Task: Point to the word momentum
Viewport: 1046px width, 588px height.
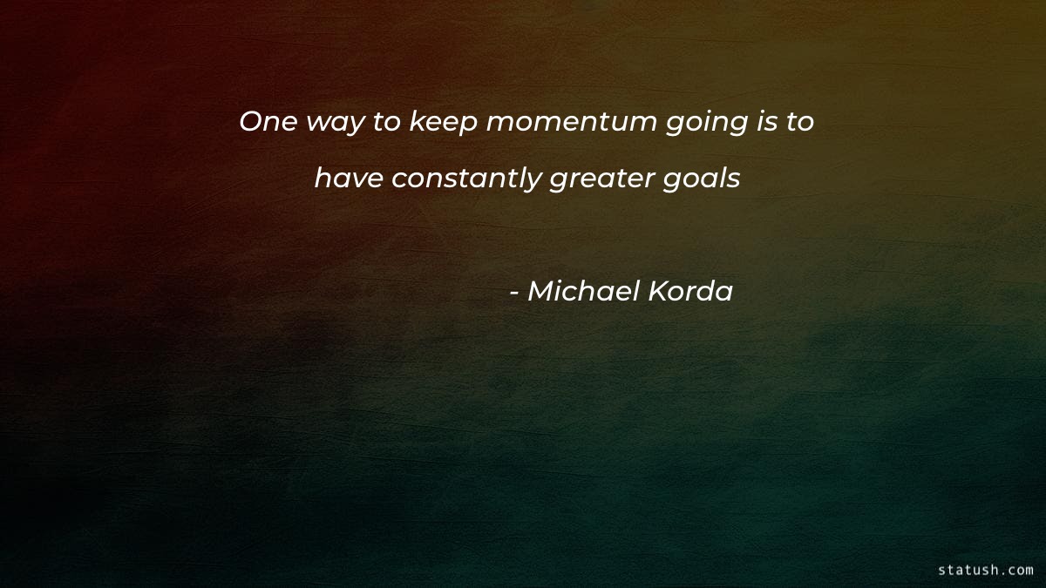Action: point(571,122)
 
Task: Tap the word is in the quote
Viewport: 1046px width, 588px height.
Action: point(760,122)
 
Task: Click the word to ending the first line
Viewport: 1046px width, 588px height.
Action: point(798,122)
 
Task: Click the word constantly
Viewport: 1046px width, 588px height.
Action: point(466,179)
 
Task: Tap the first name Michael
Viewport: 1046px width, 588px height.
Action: point(582,292)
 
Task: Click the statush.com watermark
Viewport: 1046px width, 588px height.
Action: point(985,570)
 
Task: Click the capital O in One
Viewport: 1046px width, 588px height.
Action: point(250,122)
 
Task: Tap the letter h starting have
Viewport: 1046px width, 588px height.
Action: point(322,179)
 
